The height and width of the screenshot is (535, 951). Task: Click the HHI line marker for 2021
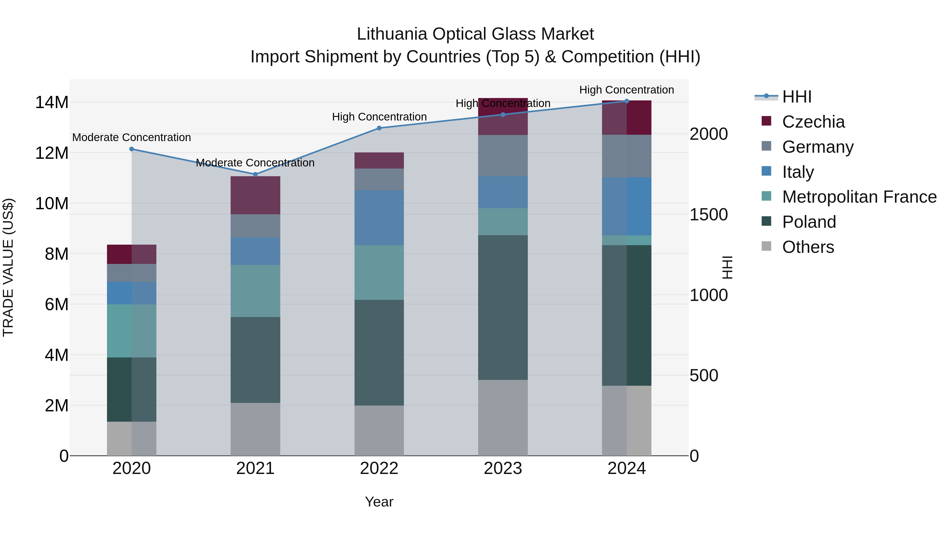pyautogui.click(x=255, y=174)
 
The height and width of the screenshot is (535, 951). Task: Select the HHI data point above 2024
pyautogui.click(x=627, y=101)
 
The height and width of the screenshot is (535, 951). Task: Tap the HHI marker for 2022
pyautogui.click(x=379, y=128)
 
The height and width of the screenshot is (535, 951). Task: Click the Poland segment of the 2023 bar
pyautogui.click(x=503, y=307)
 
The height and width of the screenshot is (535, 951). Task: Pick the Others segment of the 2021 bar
pyautogui.click(x=255, y=429)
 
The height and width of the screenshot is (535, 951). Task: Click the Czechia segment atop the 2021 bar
pyautogui.click(x=255, y=195)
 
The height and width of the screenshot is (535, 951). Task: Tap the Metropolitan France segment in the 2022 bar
pyautogui.click(x=379, y=272)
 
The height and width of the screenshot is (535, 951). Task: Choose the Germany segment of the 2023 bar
pyautogui.click(x=503, y=155)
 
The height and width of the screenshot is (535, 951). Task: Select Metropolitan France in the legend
pyautogui.click(x=859, y=197)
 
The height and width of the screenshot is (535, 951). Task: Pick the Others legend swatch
pyautogui.click(x=766, y=246)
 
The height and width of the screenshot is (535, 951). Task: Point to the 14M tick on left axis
pyautogui.click(x=52, y=102)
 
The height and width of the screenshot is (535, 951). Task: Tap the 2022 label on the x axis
pyautogui.click(x=379, y=468)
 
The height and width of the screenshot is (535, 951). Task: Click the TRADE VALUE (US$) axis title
pyautogui.click(x=8, y=267)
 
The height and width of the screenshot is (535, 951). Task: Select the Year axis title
pyautogui.click(x=379, y=502)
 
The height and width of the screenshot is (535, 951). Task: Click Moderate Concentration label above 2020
pyautogui.click(x=132, y=137)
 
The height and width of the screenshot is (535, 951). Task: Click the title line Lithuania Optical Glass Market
pyautogui.click(x=475, y=34)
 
